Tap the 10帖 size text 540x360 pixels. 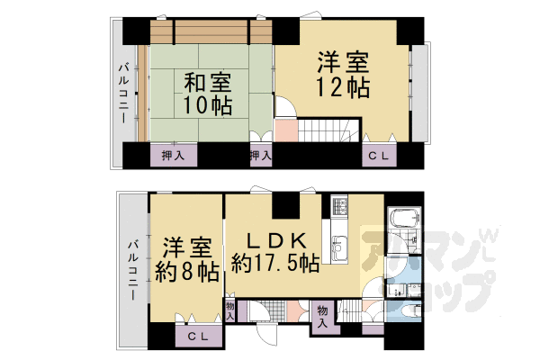click(x=207, y=105)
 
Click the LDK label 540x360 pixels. click(x=274, y=240)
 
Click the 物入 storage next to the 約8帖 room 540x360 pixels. click(x=230, y=310)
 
